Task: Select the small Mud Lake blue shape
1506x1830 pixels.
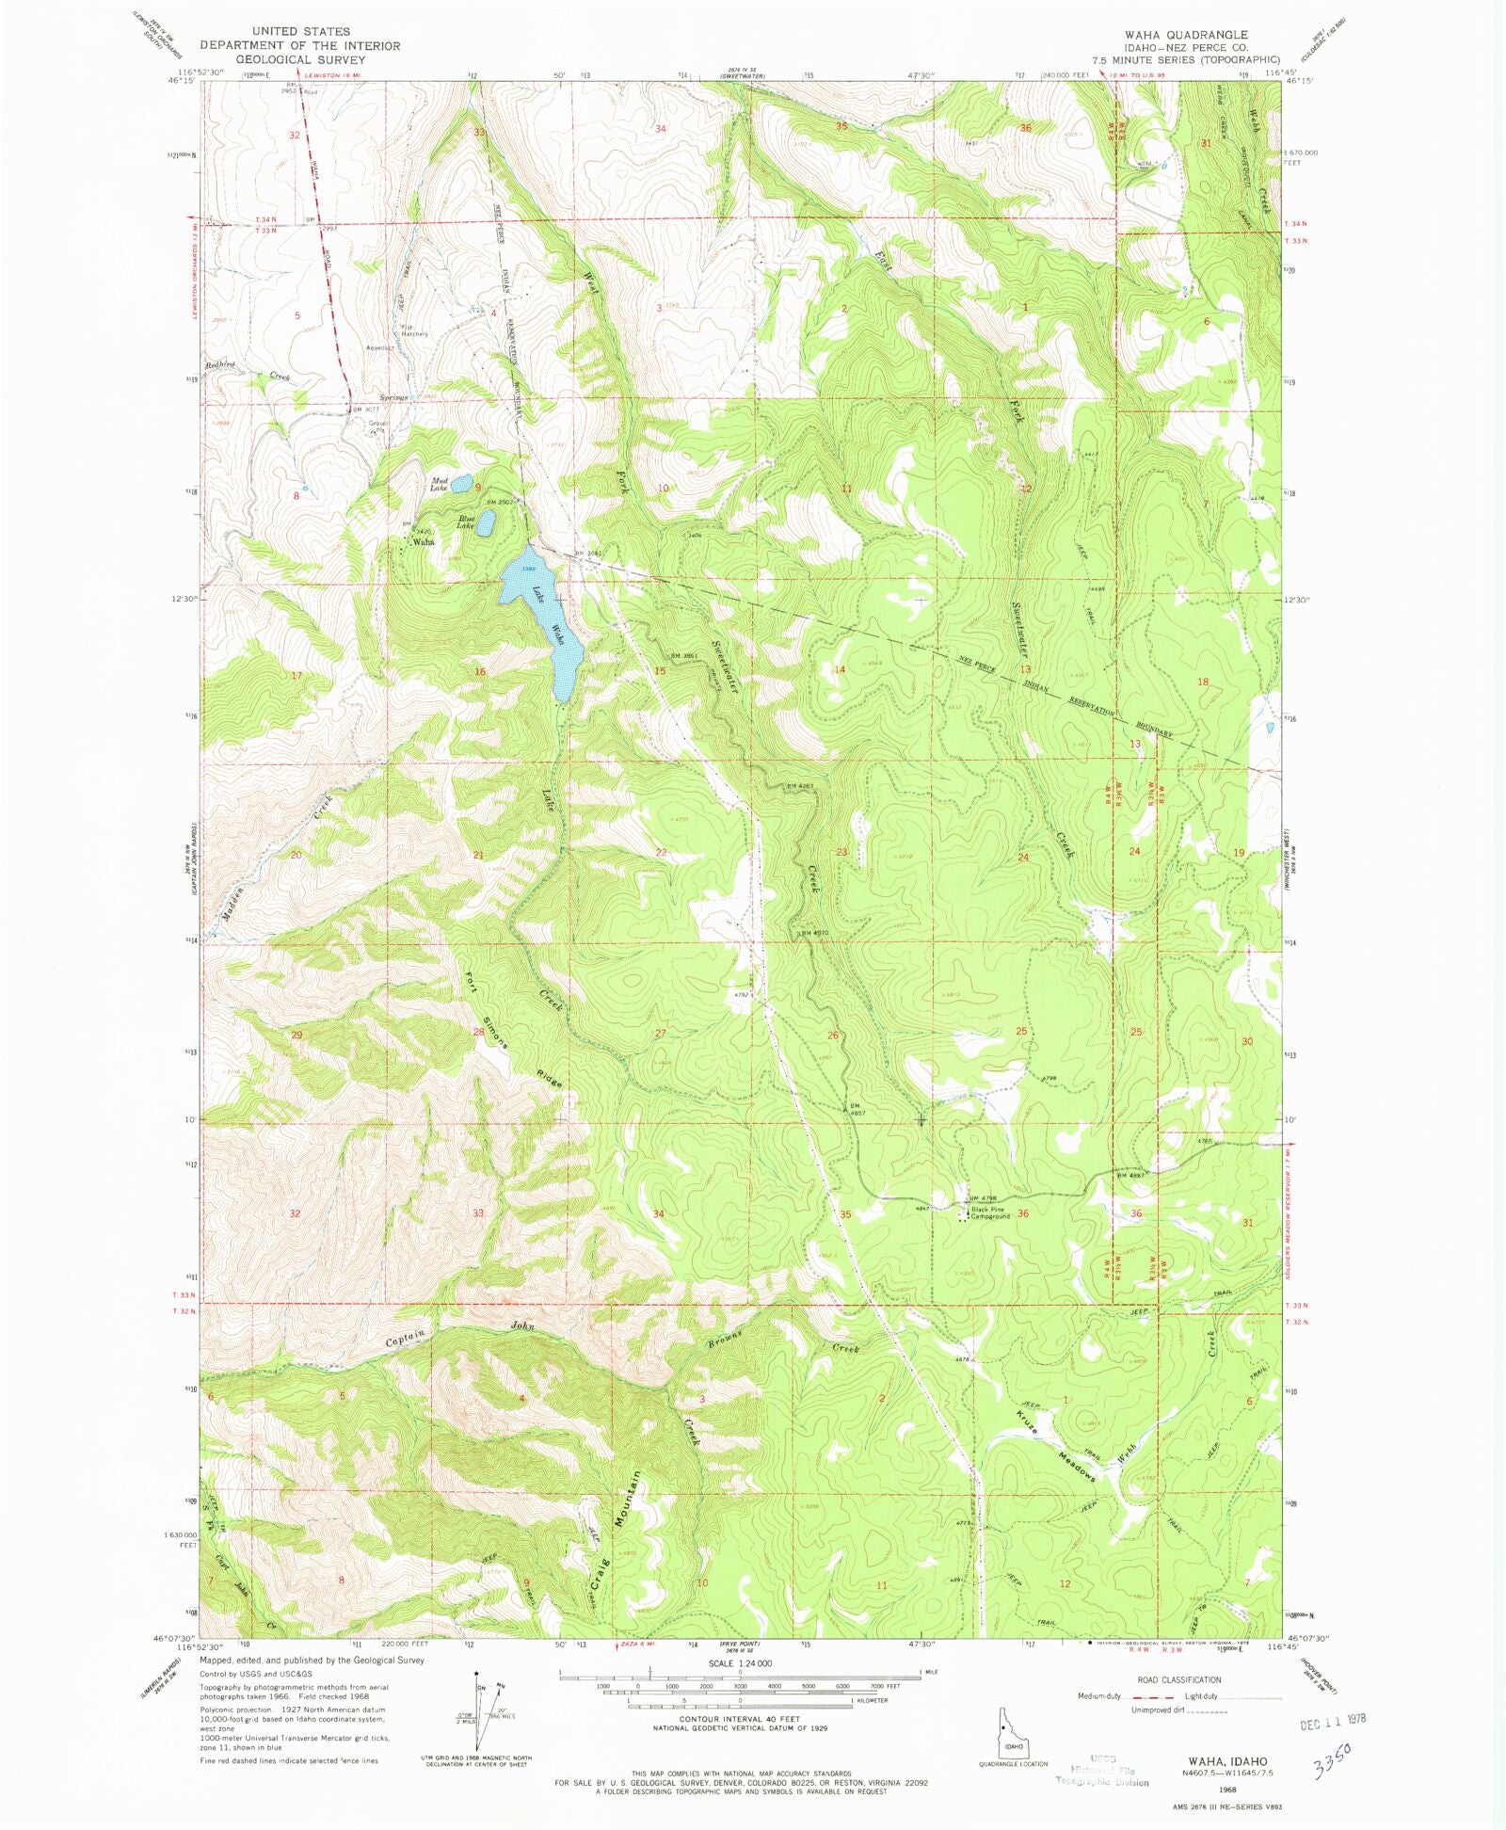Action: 461,484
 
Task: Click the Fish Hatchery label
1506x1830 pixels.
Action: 414,329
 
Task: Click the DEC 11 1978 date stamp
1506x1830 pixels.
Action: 1325,1719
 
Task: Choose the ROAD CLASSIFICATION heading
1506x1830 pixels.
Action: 1178,1679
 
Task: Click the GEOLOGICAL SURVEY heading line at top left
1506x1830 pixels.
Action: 300,59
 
